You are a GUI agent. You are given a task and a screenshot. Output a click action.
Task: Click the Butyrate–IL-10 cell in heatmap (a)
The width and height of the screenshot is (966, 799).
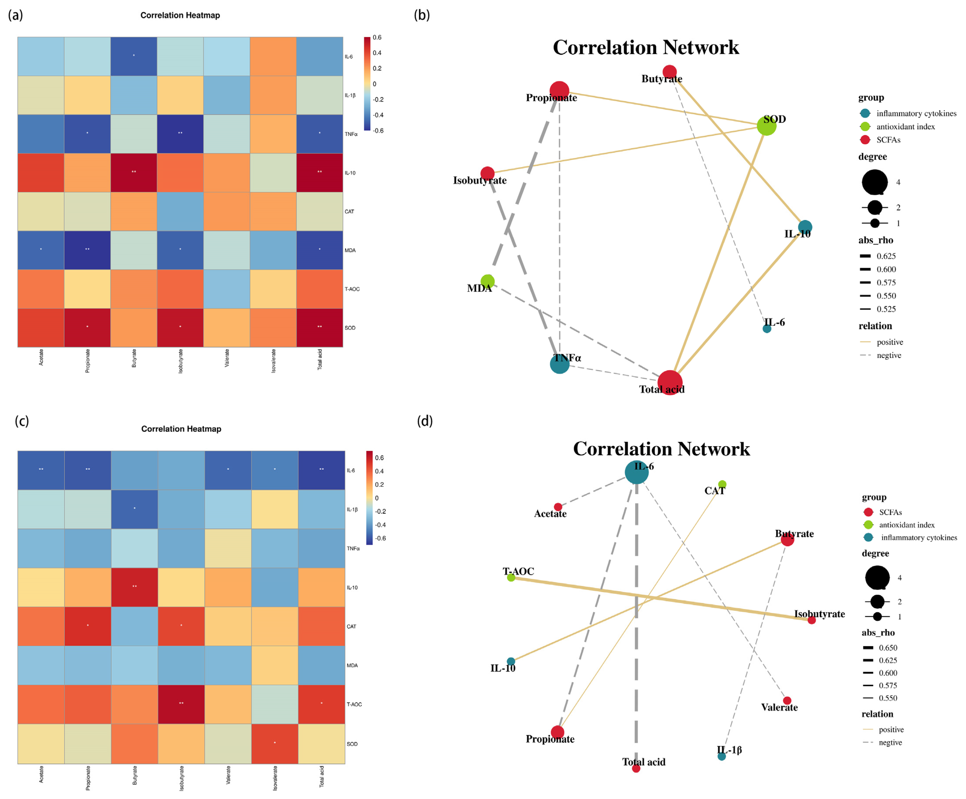coord(134,172)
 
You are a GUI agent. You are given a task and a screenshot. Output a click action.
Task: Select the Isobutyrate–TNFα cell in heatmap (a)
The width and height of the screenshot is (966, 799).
coord(180,134)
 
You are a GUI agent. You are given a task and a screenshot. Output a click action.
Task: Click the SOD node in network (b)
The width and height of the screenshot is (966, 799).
coord(766,126)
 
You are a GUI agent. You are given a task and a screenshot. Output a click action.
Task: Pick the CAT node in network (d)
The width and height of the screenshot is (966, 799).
coord(722,484)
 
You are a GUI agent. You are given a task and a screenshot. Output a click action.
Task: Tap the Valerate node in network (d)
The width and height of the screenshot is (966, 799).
coord(787,701)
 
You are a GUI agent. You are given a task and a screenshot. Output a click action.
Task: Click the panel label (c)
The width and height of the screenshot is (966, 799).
coord(22,421)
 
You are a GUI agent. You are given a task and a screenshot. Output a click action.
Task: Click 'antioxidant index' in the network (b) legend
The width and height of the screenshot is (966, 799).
coord(905,126)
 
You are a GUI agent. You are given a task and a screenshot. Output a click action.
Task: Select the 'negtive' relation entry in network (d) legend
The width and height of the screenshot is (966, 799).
coord(890,742)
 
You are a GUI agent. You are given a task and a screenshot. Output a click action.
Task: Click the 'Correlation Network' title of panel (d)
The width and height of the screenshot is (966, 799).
coord(661,449)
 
